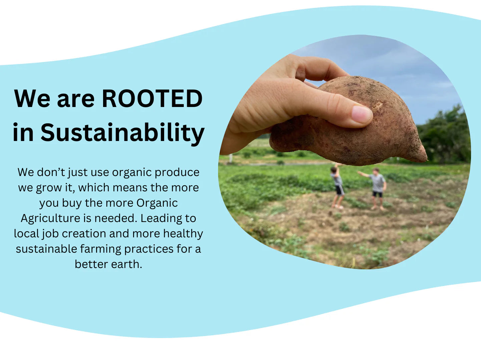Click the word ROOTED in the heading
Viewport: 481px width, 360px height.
click(x=152, y=98)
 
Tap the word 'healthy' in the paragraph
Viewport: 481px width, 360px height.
click(x=183, y=234)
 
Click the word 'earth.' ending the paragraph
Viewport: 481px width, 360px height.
click(x=126, y=264)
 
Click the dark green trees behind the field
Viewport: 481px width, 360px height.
click(x=444, y=136)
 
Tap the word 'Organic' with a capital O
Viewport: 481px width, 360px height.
click(x=157, y=203)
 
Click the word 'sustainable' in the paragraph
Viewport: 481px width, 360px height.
click(x=46, y=249)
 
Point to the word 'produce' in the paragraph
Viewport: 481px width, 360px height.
click(x=177, y=173)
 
